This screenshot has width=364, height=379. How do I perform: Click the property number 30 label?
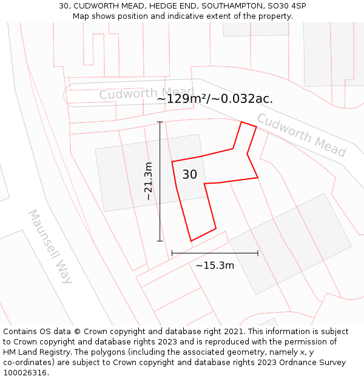click(189, 175)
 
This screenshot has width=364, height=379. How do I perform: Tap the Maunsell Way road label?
click(50, 247)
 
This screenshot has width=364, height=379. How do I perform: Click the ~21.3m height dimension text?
click(148, 181)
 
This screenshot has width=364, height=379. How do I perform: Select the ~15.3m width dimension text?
click(215, 265)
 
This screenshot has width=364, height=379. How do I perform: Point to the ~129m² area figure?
click(180, 99)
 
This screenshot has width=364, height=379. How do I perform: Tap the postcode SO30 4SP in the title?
click(286, 6)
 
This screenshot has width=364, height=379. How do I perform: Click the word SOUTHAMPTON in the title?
click(231, 6)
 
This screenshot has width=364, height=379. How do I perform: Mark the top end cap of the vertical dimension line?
click(160, 122)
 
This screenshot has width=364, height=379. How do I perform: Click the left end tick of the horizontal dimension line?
click(172, 253)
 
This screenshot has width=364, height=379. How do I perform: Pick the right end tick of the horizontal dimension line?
click(258, 253)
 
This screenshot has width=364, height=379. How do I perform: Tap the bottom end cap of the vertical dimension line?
click(160, 241)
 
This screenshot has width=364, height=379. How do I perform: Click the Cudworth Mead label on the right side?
click(301, 135)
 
